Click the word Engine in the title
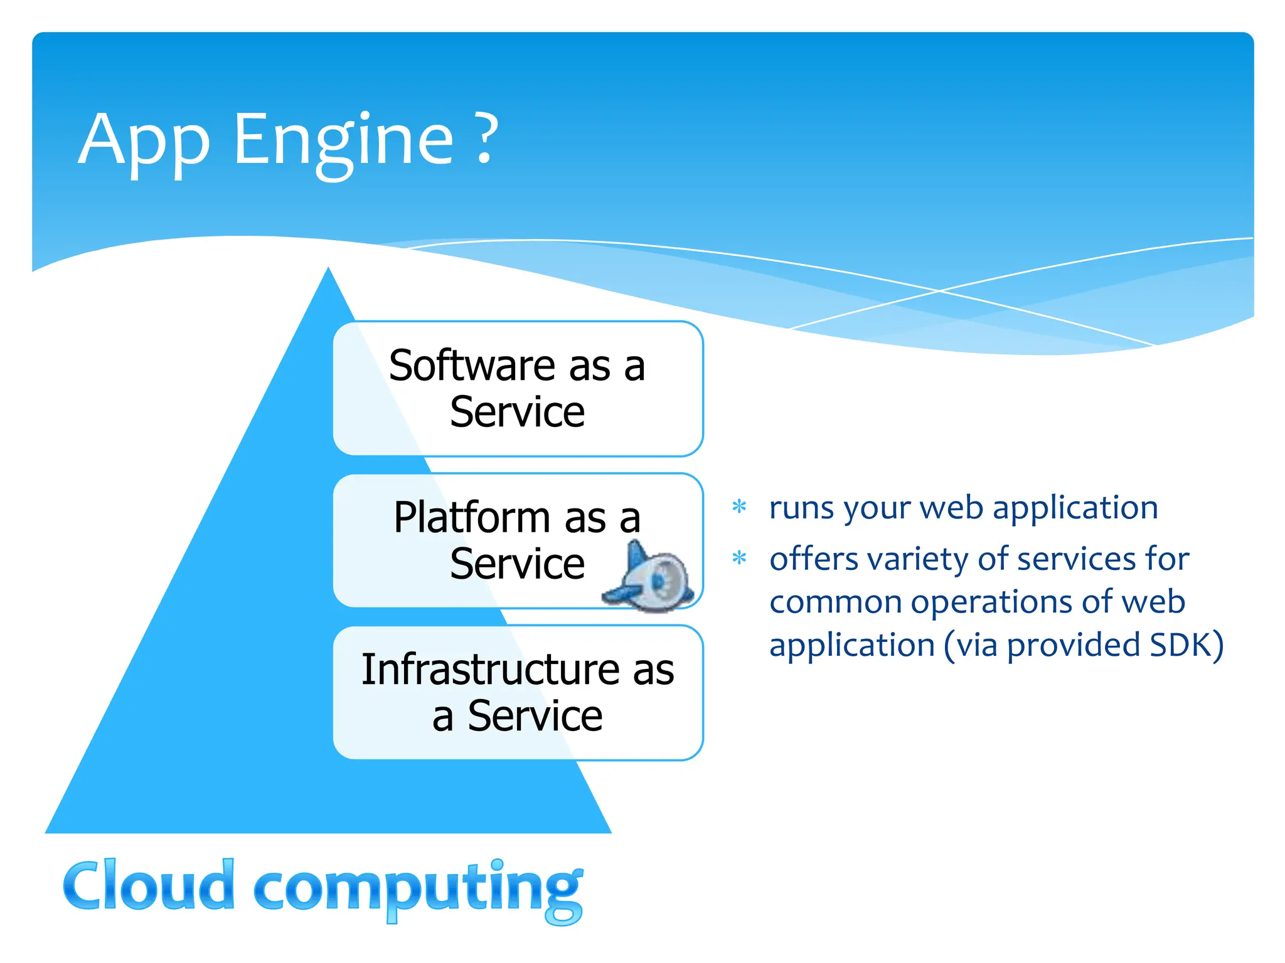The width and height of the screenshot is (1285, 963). pos(343,141)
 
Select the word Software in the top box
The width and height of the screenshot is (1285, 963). pos(472,366)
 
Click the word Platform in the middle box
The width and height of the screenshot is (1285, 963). pos(472,518)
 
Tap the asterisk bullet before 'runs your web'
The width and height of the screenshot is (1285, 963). pos(740,507)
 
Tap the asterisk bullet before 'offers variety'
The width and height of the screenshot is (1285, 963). pos(740,558)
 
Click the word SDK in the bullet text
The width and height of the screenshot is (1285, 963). pos(1178,645)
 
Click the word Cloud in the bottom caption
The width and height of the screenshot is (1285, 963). pos(149,885)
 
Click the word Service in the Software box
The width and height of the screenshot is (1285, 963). pos(518,413)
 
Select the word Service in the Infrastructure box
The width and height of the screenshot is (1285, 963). pos(535,716)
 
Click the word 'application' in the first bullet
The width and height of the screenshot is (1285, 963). pos(1075,508)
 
